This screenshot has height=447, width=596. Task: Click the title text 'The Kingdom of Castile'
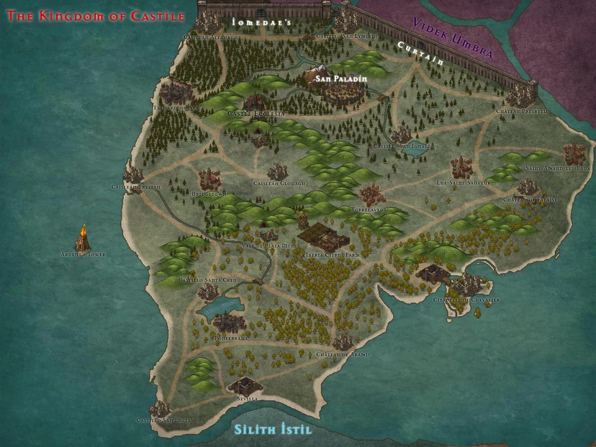[96, 16]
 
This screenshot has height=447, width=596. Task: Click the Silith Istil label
[273, 430]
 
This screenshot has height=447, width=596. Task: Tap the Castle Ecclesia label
[256, 114]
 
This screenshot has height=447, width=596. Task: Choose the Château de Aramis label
[343, 355]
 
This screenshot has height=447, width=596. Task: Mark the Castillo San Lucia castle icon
[159, 410]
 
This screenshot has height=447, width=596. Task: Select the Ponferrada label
[231, 338]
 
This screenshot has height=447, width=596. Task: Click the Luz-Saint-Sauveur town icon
[461, 167]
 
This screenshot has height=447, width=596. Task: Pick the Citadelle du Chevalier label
[466, 299]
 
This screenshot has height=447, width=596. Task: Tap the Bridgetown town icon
[209, 179]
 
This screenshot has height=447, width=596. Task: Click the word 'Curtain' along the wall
[421, 53]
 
